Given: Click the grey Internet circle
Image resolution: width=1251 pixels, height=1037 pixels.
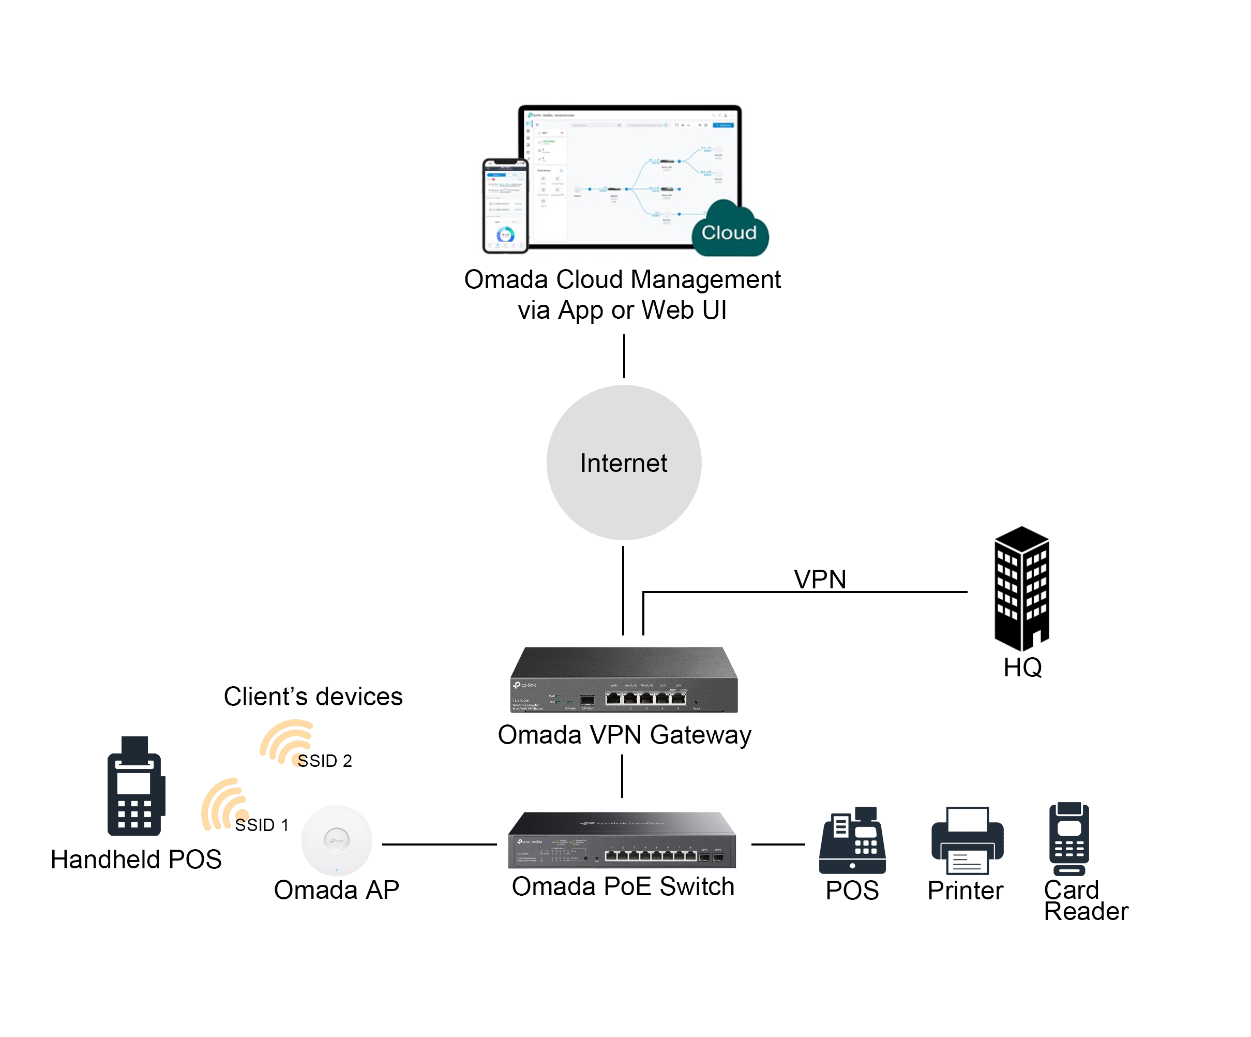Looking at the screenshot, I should (624, 463).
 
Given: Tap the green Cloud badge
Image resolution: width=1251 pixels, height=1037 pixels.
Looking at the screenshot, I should (730, 231).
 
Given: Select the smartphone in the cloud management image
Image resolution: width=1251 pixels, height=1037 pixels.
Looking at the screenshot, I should (505, 205).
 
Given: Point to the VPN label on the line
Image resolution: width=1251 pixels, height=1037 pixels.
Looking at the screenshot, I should (820, 579).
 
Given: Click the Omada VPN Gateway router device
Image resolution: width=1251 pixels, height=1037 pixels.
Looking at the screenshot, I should (624, 680).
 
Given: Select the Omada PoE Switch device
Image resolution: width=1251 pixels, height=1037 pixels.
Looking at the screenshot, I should (622, 840).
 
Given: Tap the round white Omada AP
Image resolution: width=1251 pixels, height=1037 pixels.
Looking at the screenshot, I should (337, 840).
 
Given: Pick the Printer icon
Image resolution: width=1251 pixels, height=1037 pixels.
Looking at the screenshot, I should (967, 840).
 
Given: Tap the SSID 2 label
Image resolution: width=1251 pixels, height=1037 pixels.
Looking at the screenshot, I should (325, 761).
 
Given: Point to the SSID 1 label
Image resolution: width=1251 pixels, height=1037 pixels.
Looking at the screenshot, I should (262, 825).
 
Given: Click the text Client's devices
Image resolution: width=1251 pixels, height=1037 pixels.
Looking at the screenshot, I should (313, 696).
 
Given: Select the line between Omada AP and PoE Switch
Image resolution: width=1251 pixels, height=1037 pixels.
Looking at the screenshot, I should (439, 845).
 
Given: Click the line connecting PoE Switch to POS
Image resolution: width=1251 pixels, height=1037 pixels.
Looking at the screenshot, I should (777, 845).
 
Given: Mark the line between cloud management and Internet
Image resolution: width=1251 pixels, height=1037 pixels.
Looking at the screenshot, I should (624, 356).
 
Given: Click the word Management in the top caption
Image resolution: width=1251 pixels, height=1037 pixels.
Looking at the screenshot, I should (705, 279).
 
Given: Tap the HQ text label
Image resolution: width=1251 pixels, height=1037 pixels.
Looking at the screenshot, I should (1022, 668).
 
